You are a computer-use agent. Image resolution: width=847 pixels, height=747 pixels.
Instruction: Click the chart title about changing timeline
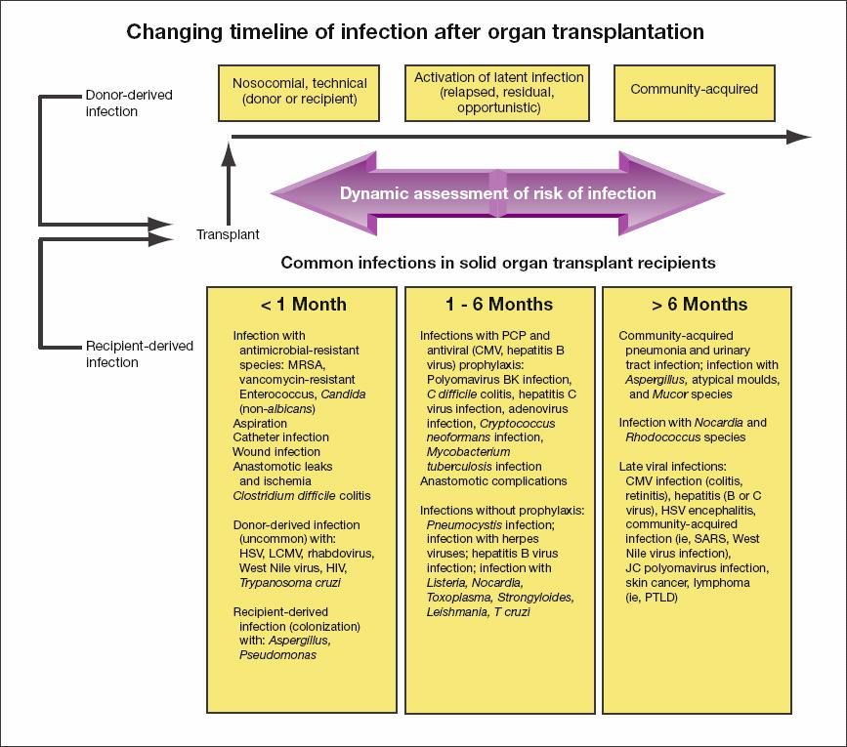coord(415,32)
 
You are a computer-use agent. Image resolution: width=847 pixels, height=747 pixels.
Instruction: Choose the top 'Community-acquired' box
coord(694,90)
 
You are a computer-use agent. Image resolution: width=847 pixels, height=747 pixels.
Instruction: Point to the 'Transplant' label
coord(228,234)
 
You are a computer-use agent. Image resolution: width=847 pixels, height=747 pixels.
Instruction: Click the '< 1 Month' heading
coord(303,304)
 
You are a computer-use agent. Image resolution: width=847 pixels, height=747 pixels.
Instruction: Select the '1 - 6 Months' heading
coord(499,304)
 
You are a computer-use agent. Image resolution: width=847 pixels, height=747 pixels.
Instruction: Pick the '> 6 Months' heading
coord(696,304)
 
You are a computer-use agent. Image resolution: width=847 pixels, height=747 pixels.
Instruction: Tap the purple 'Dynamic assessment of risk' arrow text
coord(497,193)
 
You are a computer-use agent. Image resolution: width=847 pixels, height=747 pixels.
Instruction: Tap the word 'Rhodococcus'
coord(658,436)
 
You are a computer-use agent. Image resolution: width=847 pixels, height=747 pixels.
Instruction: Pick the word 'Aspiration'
coord(260,423)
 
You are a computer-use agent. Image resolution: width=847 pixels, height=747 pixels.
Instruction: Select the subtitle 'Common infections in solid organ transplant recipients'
coord(498,263)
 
